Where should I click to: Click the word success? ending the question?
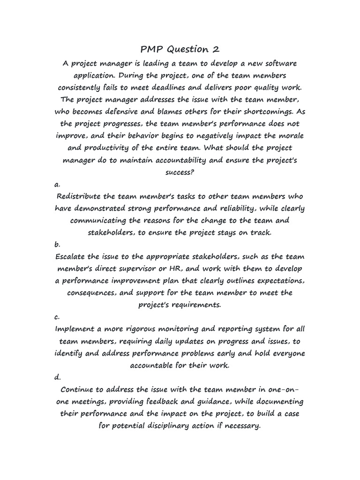180,172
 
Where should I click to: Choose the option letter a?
57,184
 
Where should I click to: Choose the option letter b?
57,245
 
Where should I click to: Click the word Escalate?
71,257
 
